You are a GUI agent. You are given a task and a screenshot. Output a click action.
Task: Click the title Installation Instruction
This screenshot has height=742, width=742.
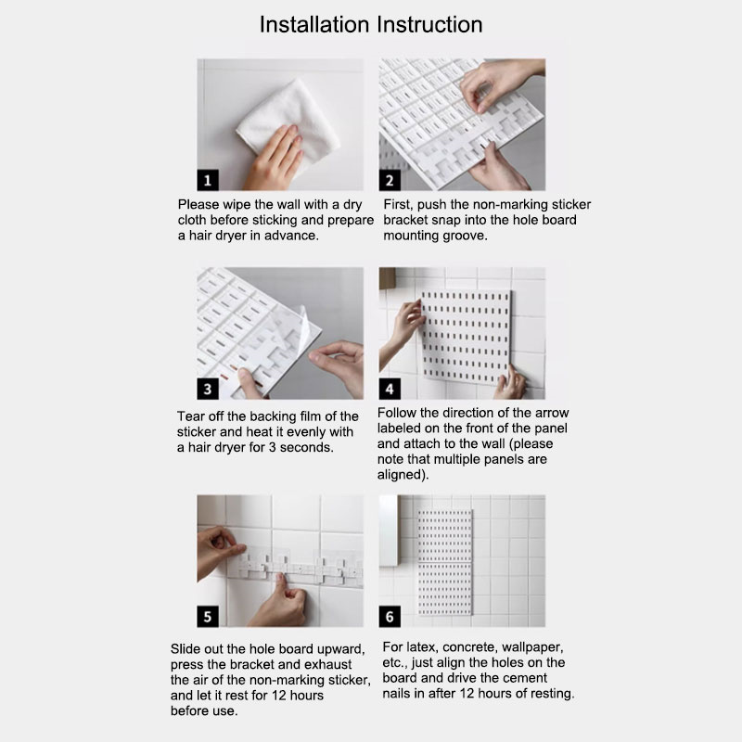click(x=371, y=24)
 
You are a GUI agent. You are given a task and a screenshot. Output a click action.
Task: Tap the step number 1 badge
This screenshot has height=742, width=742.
click(x=210, y=180)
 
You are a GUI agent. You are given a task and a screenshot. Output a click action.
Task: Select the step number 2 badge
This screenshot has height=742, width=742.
click(x=390, y=180)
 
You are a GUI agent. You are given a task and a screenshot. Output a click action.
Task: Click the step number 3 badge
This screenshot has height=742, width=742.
click(x=210, y=389)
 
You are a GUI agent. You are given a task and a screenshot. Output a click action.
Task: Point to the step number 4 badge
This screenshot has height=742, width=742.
click(x=390, y=389)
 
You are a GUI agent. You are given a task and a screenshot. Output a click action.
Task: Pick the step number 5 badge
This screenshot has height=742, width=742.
click(x=210, y=615)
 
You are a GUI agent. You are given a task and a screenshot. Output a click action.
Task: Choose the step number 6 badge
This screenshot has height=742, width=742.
click(x=390, y=615)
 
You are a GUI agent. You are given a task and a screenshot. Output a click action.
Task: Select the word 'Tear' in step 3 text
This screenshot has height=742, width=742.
click(x=192, y=416)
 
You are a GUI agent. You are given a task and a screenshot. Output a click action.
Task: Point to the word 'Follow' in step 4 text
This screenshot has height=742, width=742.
click(x=399, y=411)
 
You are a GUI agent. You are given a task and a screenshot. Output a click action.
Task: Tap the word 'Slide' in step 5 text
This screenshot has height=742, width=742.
click(x=187, y=647)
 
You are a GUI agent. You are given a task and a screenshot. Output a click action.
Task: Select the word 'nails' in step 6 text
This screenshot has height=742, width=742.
click(x=398, y=694)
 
